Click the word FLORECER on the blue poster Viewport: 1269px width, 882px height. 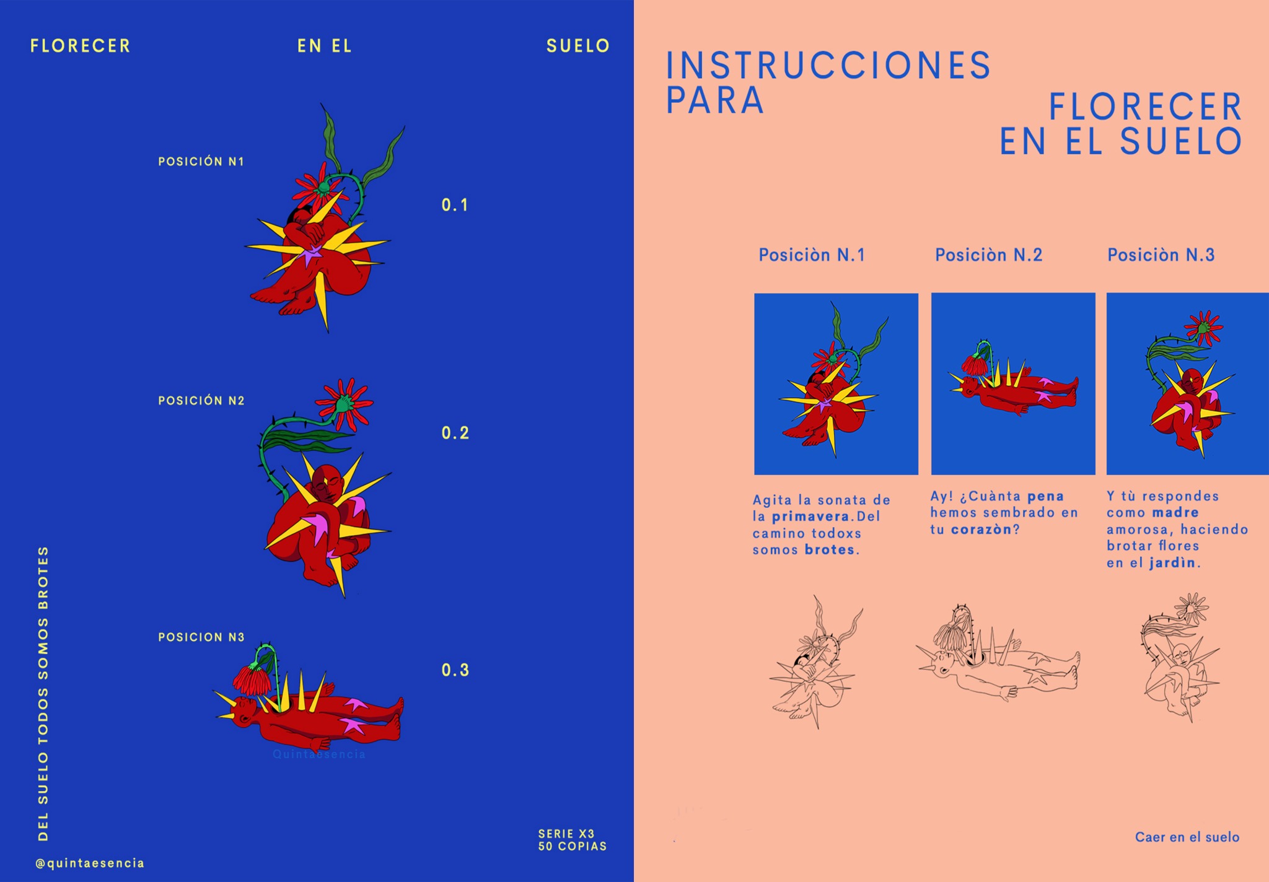click(80, 46)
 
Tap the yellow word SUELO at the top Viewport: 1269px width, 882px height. click(578, 46)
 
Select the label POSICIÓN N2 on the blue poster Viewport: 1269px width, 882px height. click(201, 401)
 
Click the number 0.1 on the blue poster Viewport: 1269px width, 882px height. click(455, 205)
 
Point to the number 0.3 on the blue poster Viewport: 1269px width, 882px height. click(455, 670)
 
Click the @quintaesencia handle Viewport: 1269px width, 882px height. click(90, 863)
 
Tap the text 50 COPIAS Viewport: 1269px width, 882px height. click(573, 846)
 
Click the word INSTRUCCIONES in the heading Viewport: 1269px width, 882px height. click(828, 66)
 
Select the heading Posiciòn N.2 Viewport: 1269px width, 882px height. click(989, 255)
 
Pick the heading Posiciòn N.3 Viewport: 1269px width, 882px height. click(1161, 255)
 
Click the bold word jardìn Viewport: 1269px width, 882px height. click(1172, 563)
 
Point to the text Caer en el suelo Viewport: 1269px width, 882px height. click(1187, 837)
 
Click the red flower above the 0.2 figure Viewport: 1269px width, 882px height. click(345, 404)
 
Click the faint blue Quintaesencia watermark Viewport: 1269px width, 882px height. click(319, 754)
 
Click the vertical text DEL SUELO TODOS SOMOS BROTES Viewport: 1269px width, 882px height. click(43, 694)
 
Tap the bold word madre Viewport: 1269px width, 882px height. click(1176, 513)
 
